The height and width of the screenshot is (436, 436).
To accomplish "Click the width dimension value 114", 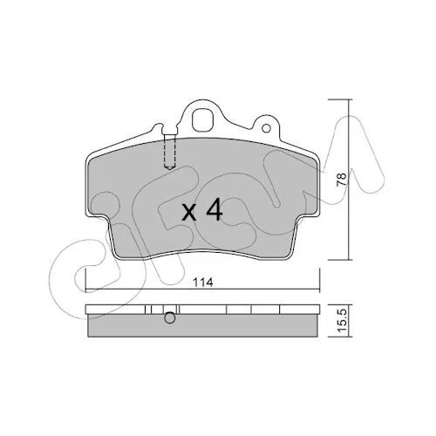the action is [x=204, y=282].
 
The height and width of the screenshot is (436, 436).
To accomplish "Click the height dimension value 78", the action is [x=341, y=180].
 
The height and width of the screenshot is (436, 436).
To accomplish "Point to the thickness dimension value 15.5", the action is [x=343, y=320].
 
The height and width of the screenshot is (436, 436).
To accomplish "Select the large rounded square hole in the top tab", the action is [x=203, y=119].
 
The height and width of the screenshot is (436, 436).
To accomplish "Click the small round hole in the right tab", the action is [x=266, y=128].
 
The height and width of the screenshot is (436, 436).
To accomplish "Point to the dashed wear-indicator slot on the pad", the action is [x=169, y=151].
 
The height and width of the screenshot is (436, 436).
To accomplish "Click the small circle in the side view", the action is [x=170, y=317].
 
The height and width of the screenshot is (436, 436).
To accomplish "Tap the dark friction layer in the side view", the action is [x=203, y=325].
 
